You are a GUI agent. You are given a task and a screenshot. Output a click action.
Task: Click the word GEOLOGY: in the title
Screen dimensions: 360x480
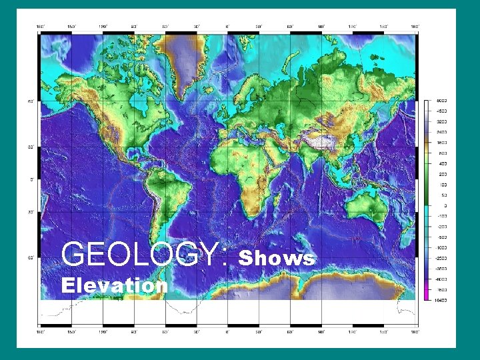[144, 254]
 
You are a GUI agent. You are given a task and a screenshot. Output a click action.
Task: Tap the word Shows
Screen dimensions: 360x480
[275, 258]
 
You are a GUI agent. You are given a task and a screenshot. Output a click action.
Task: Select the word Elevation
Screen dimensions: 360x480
[114, 285]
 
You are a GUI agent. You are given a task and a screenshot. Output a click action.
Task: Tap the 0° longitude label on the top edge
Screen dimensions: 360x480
[227, 27]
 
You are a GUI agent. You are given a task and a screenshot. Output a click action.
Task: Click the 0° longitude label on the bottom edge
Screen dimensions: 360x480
[227, 331]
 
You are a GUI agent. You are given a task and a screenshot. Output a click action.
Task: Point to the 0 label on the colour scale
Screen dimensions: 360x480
[443, 205]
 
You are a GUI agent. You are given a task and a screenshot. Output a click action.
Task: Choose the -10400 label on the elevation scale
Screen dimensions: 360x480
[442, 301]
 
